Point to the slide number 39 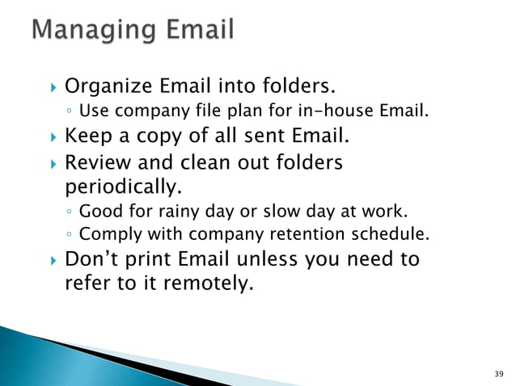pos(497,374)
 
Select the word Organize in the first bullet pos(101,86)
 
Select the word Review pos(93,164)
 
